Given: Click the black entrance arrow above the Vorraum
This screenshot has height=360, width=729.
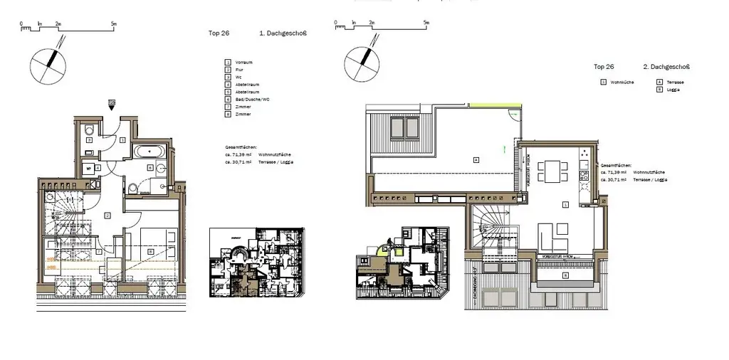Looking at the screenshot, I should (x=112, y=105).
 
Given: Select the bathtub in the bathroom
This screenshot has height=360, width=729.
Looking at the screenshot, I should (x=150, y=151).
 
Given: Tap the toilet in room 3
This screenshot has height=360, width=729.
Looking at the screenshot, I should (x=89, y=130).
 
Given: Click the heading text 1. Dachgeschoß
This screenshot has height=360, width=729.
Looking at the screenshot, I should (x=283, y=34).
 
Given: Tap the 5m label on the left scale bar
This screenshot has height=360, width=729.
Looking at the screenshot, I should (x=114, y=23).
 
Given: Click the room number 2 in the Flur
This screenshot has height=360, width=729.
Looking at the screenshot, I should (x=107, y=214).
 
